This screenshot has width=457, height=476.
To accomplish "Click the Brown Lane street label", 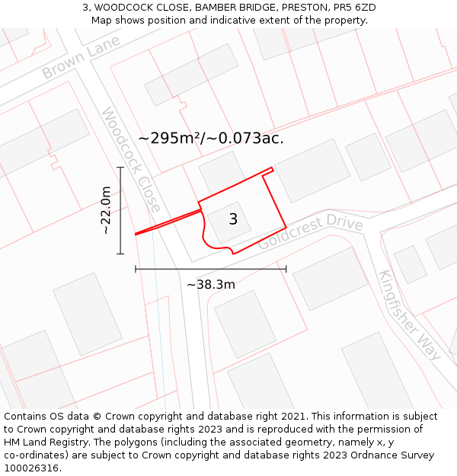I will click(81, 61).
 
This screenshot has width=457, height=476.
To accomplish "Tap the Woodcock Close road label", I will click(131, 160).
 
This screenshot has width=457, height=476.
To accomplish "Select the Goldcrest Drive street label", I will click(311, 232).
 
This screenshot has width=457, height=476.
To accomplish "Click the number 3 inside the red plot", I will click(233, 219).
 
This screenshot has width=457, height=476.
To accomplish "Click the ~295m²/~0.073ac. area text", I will click(211, 138).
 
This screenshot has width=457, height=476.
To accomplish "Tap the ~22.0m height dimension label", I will click(106, 210).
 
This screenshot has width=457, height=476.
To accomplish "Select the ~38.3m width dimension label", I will click(211, 285).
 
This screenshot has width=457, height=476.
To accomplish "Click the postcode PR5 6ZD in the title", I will click(351, 8).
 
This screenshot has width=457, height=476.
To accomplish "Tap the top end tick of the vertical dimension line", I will click(120, 167).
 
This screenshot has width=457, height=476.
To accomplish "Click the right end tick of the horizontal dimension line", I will click(286, 268).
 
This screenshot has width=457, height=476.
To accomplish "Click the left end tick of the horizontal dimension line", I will click(136, 268).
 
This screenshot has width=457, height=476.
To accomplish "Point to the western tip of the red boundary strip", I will click(136, 234).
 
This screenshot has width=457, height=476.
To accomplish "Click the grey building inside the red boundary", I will click(225, 222).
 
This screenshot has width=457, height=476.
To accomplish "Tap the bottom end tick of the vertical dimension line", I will click(120, 254).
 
